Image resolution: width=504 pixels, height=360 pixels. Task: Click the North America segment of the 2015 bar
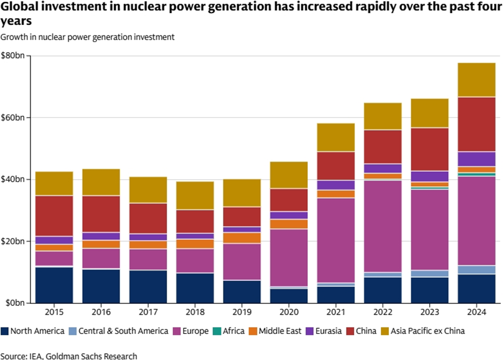click(54, 285)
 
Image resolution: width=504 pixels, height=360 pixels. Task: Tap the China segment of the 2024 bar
click(477, 125)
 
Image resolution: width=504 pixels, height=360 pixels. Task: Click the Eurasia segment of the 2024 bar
click(477, 159)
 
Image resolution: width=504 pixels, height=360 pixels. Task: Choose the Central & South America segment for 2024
click(477, 270)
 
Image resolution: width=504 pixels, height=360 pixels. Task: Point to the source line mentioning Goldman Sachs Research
click(68, 354)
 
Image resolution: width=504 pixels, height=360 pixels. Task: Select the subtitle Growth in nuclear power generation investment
click(87, 37)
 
